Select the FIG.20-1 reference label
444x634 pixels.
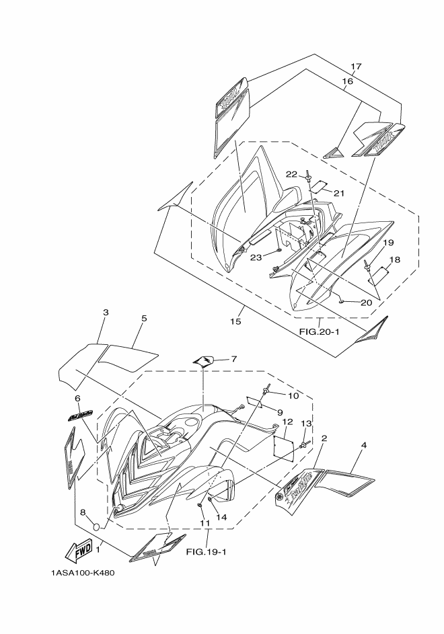[320, 331]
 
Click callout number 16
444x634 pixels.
[347, 81]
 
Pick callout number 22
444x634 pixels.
[290, 174]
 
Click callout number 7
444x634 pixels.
[233, 359]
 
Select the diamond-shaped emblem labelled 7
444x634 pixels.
[204, 361]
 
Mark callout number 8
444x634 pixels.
[83, 512]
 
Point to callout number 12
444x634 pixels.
[287, 422]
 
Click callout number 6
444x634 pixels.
[77, 398]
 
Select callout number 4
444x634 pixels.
[364, 445]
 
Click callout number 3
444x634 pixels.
[106, 313]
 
